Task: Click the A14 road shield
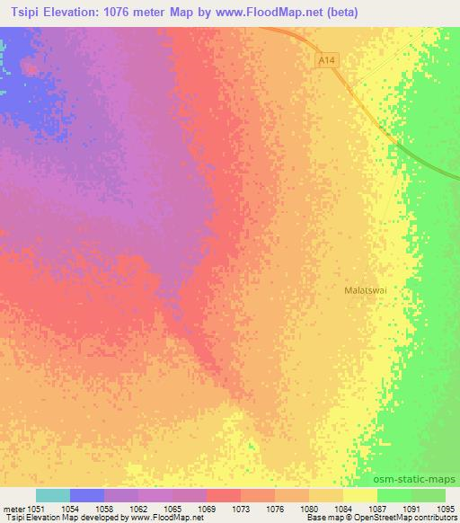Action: click(x=328, y=60)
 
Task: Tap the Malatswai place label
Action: click(x=366, y=290)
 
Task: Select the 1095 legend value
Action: click(x=445, y=508)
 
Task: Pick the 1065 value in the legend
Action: click(x=172, y=508)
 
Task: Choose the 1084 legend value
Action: click(x=343, y=508)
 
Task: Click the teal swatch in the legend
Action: click(x=53, y=495)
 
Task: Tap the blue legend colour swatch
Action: click(x=87, y=495)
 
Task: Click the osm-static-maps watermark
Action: click(x=420, y=479)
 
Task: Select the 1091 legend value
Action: click(x=411, y=508)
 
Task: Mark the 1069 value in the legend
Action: click(x=207, y=508)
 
